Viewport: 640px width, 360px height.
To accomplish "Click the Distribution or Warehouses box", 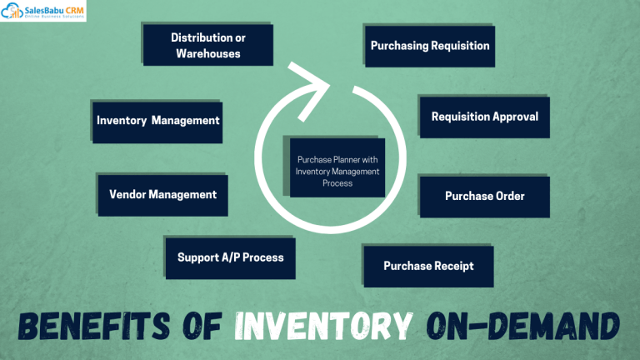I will point(208,45).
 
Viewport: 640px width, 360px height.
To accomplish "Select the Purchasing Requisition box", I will point(430,46).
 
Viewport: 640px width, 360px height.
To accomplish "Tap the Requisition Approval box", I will point(484,117).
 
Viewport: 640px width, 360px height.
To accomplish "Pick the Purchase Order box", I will point(484,196).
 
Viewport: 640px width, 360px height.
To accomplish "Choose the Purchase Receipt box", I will point(428,266).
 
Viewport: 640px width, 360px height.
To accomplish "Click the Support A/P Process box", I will point(230,257).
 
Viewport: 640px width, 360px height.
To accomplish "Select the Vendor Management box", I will point(162,194).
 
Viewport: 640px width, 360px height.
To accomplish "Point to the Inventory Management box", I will point(157,120).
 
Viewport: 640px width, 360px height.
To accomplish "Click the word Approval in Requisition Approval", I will point(515,117).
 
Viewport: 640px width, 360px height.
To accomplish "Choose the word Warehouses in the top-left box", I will point(208,53).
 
